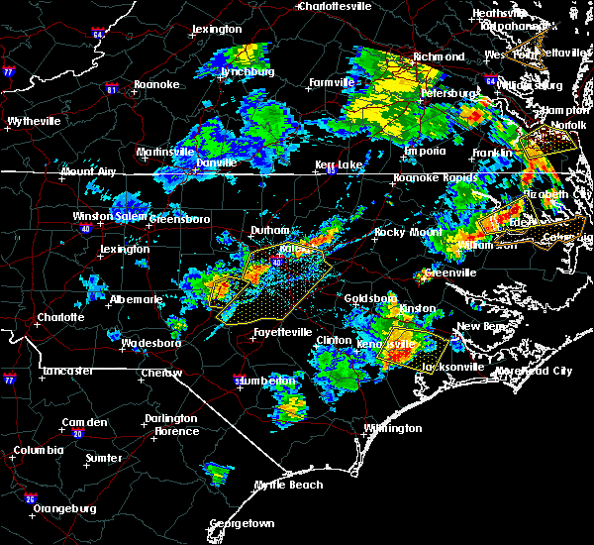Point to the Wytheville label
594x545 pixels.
coord(35,121)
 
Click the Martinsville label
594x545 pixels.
coord(165,152)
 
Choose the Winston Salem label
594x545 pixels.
coord(108,217)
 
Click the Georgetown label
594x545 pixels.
coord(242,523)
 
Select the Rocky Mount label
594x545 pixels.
coord(401,232)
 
